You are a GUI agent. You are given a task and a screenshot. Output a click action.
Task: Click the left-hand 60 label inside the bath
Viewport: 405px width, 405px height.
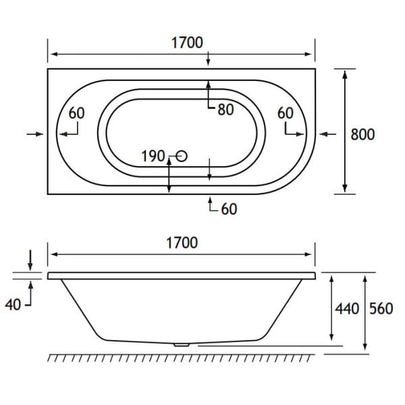(76, 113)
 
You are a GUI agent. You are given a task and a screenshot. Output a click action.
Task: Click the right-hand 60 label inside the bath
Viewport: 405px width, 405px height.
(286, 113)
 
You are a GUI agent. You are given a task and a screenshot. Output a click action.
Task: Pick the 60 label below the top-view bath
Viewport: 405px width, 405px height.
(229, 209)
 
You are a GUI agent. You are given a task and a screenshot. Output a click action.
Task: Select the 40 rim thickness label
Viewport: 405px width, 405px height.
(13, 304)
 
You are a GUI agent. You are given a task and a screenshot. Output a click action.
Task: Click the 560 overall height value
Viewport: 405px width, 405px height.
(381, 308)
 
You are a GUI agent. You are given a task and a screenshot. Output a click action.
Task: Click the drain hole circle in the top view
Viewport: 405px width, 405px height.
(181, 157)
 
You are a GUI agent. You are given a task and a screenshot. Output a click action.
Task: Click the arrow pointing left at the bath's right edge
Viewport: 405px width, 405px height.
(327, 135)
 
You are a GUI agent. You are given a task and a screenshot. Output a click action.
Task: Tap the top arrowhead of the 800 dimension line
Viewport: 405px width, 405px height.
(346, 74)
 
